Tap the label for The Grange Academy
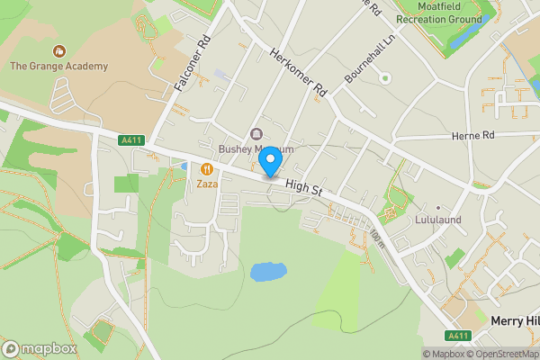pyautogui.click(x=58, y=66)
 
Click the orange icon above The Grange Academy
pyautogui.click(x=58, y=50)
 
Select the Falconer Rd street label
pyautogui.click(x=192, y=63)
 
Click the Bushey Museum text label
pyautogui.click(x=256, y=149)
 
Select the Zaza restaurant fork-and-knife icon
pyautogui.click(x=207, y=167)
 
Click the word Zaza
pyautogui.click(x=208, y=183)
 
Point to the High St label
pyautogui.click(x=303, y=187)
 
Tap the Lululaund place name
pyautogui.click(x=439, y=220)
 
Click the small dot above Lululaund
pyautogui.click(x=438, y=207)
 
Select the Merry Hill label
pyautogui.click(x=515, y=320)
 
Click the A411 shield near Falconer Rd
pyautogui.click(x=131, y=139)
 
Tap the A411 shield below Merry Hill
pyautogui.click(x=459, y=336)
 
